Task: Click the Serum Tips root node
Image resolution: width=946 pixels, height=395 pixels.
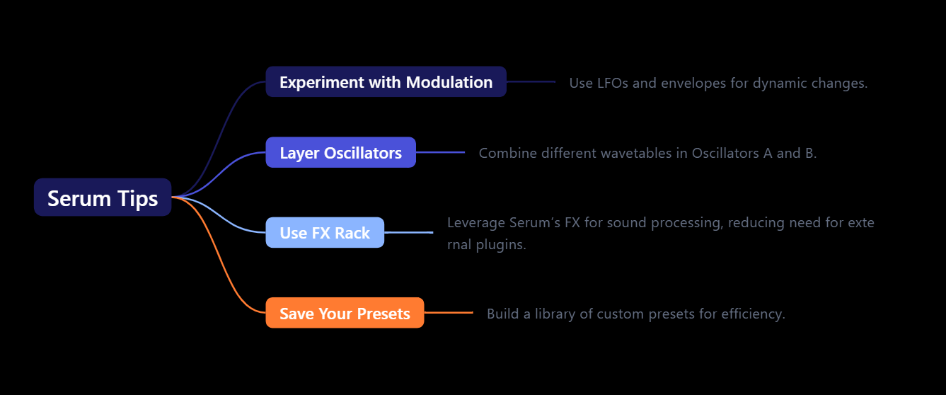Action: tap(103, 197)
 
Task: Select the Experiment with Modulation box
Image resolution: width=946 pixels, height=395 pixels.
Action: tap(386, 82)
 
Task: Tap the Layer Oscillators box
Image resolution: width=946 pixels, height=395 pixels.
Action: tap(340, 153)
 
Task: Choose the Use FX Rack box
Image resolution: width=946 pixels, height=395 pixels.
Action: tap(325, 233)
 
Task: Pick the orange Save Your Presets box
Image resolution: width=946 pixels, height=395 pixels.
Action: tap(345, 314)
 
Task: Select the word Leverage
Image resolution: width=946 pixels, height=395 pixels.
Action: tap(475, 223)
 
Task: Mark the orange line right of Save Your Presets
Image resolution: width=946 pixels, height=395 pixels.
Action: tap(449, 312)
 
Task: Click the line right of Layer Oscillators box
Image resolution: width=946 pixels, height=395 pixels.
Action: tap(440, 152)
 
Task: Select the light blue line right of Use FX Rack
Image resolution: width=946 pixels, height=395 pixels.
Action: tap(408, 232)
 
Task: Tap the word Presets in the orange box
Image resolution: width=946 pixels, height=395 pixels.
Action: tap(384, 314)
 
